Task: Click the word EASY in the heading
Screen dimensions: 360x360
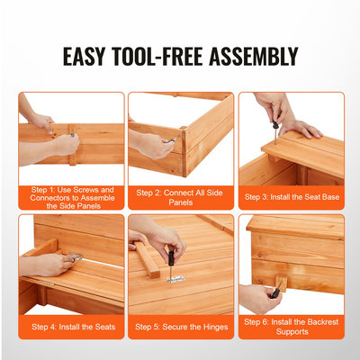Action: pyautogui.click(x=86, y=57)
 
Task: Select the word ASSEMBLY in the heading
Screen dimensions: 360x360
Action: pyautogui.click(x=254, y=57)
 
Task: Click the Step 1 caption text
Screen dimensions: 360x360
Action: pyautogui.click(x=72, y=197)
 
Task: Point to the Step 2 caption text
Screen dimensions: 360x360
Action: pyautogui.click(x=180, y=197)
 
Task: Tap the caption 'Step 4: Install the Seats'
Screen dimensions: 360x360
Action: pyautogui.click(x=72, y=326)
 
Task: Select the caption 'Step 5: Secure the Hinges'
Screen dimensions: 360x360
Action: pyautogui.click(x=180, y=326)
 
